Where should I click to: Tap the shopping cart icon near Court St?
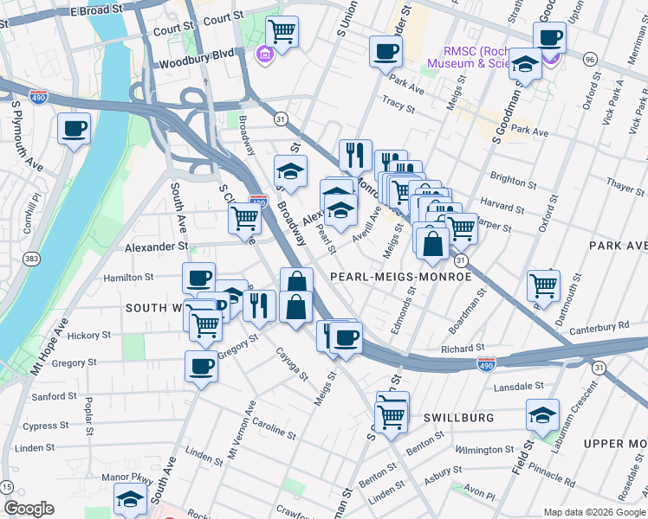point(282,33)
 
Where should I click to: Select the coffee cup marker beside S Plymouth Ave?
point(74,129)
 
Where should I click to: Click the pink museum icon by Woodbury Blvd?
point(263,55)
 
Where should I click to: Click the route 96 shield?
point(590,59)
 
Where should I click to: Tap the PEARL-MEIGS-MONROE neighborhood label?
point(400,277)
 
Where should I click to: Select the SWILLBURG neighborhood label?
point(458,418)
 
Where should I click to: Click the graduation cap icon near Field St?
point(542,416)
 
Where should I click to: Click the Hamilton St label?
point(128,278)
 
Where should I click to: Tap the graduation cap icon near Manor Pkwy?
point(131,499)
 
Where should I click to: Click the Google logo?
point(29,509)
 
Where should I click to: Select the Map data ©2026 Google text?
point(593,512)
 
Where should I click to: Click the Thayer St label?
point(623,185)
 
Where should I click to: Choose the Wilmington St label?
point(485,450)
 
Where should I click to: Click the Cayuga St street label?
point(292,364)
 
